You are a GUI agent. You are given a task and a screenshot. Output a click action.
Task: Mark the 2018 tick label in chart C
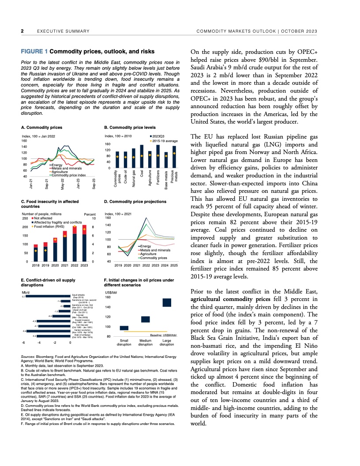[36, 265]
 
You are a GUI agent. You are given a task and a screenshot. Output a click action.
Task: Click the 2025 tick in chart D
[174, 265]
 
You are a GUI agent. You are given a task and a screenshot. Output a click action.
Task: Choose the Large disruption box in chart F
[167, 302]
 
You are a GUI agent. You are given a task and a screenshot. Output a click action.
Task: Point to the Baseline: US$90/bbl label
[162, 336]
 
